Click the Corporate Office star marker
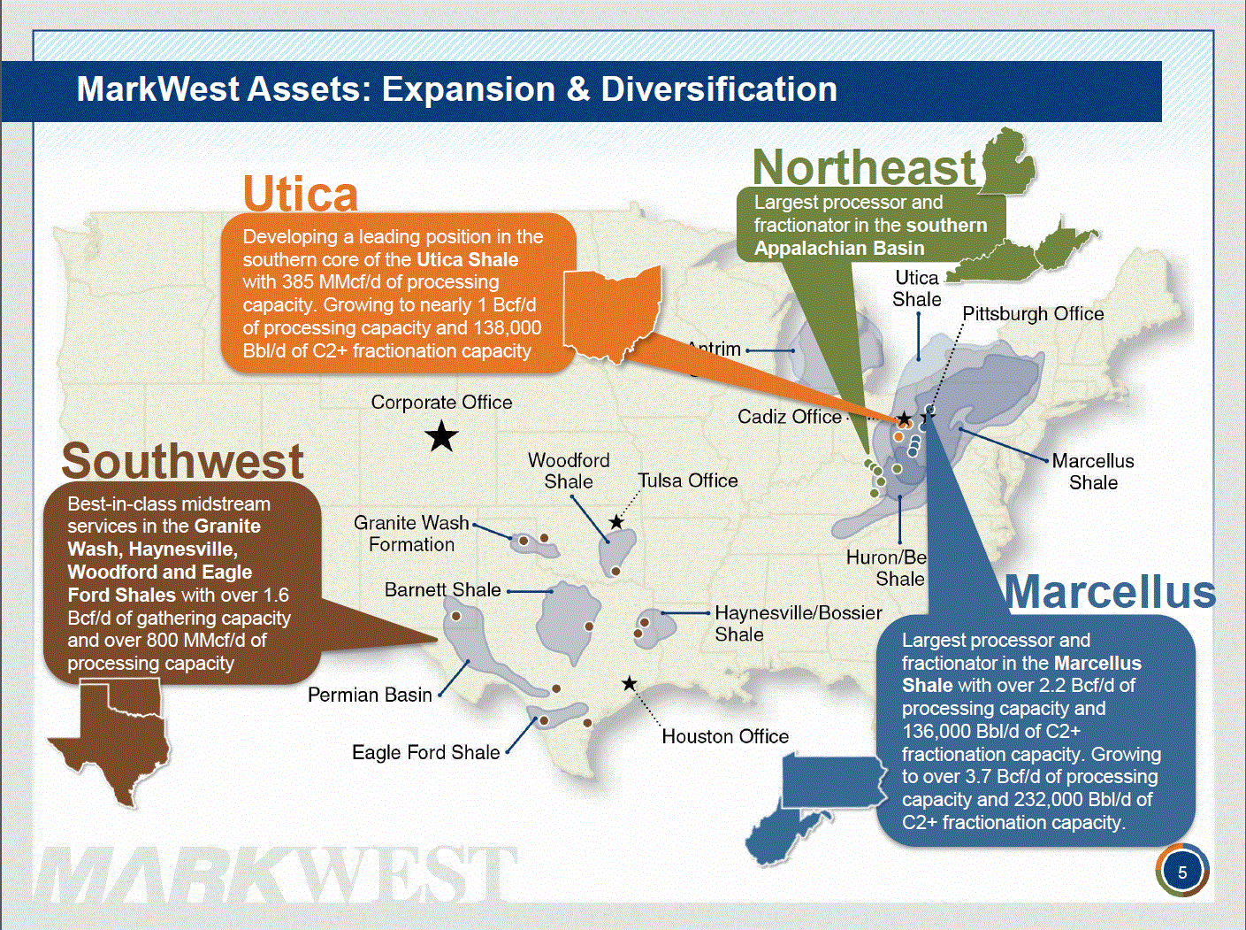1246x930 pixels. click(x=441, y=436)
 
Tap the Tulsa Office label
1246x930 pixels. click(x=687, y=480)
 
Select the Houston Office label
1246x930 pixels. click(x=725, y=736)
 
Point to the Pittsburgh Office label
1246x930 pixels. click(x=1033, y=314)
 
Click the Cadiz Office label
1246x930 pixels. click(x=790, y=417)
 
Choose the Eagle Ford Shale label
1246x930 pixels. click(x=425, y=752)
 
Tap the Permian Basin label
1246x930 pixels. click(x=370, y=695)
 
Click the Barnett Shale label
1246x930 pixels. click(x=442, y=590)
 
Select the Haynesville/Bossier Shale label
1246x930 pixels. click(x=799, y=624)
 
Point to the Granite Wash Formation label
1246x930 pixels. click(x=411, y=534)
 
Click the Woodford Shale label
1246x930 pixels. click(x=569, y=471)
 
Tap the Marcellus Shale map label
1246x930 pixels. click(x=1093, y=472)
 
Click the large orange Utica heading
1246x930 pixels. click(x=301, y=194)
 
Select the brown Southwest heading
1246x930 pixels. click(x=182, y=461)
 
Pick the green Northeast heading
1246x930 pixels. click(x=864, y=167)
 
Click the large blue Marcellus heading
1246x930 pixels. click(x=1110, y=592)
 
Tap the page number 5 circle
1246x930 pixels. click(x=1182, y=872)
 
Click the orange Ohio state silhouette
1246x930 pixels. click(x=612, y=312)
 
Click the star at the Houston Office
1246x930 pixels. click(x=629, y=684)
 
